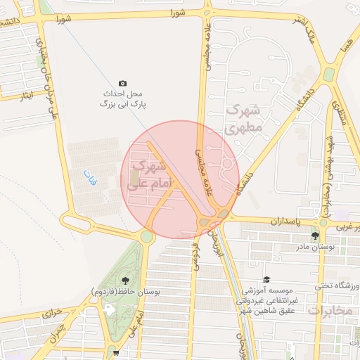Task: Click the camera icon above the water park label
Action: [123, 83]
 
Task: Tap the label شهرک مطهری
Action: [244, 120]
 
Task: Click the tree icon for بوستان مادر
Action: [314, 236]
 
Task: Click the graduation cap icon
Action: [266, 279]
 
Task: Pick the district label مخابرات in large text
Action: [330, 311]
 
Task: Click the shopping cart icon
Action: [115, 354]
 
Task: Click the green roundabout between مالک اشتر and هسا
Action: [328, 75]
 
